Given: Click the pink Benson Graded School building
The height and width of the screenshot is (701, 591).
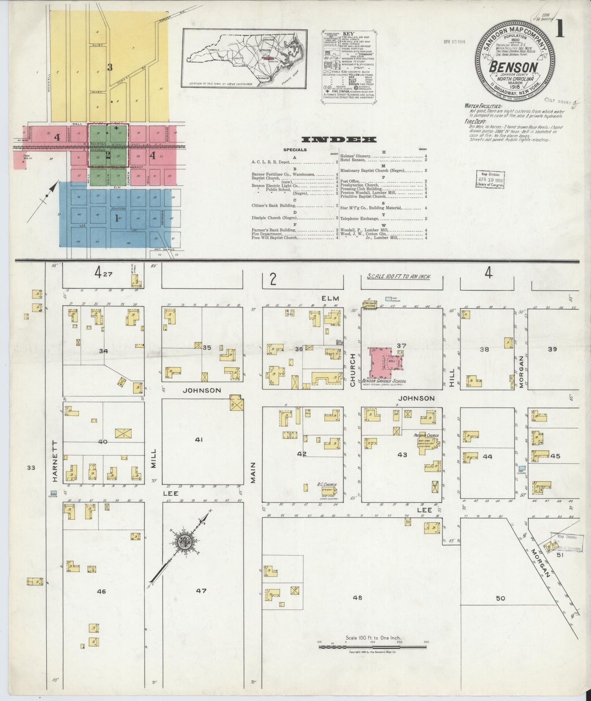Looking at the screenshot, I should (x=380, y=362).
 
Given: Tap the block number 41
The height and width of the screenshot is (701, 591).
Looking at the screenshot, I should (x=199, y=440).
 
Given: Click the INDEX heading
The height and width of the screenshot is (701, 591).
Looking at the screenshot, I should (x=339, y=140).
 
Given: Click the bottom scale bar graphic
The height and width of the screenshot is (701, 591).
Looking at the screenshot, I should (x=373, y=647).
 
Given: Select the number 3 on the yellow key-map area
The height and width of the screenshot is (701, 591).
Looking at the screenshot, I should (x=110, y=67).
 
